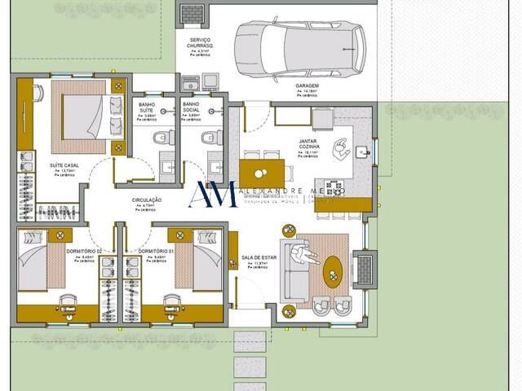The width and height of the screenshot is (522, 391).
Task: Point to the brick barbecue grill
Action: pos(192,14)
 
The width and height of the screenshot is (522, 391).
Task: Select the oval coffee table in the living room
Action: pos(334,273)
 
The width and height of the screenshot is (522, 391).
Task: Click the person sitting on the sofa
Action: pos(308,256)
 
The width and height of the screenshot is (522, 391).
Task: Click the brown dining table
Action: pos(262,174)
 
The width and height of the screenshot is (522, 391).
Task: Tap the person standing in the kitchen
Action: pos(343,147)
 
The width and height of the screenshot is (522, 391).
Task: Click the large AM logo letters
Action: pos(213,194)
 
